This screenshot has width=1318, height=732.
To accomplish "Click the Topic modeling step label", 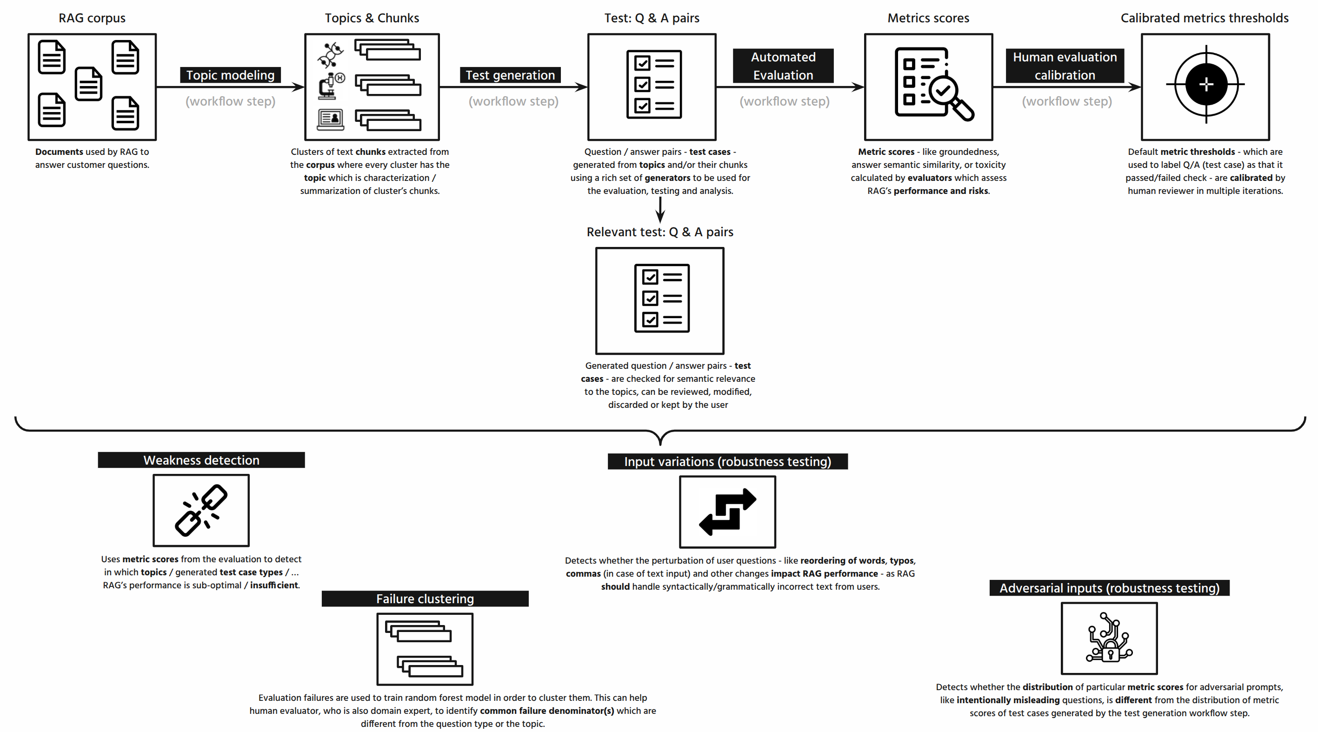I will tap(230, 75).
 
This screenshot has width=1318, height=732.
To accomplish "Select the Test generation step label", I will tap(510, 75).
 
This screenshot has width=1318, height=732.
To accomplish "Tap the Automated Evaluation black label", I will tap(783, 66).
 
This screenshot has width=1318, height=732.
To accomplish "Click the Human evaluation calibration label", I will tap(1064, 66).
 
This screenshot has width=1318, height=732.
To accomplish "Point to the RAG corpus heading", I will tap(92, 18).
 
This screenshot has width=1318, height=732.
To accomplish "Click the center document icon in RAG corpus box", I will tap(88, 83).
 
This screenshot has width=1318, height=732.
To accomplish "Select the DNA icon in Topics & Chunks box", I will tap(331, 55).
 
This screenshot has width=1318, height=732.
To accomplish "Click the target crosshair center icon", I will tap(1206, 84).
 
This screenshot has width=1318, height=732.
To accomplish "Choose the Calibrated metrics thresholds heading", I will tap(1205, 18).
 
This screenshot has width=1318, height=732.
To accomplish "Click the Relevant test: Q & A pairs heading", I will tap(659, 232).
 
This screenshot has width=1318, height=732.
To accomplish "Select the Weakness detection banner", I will tap(201, 460).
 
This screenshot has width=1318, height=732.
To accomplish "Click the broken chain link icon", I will tap(201, 510).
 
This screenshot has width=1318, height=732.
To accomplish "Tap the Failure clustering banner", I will tap(425, 599).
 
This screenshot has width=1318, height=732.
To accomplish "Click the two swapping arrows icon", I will tap(727, 512).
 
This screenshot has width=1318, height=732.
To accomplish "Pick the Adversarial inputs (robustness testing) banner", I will tap(1109, 588).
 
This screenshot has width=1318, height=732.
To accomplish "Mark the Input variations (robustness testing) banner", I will tap(727, 461).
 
